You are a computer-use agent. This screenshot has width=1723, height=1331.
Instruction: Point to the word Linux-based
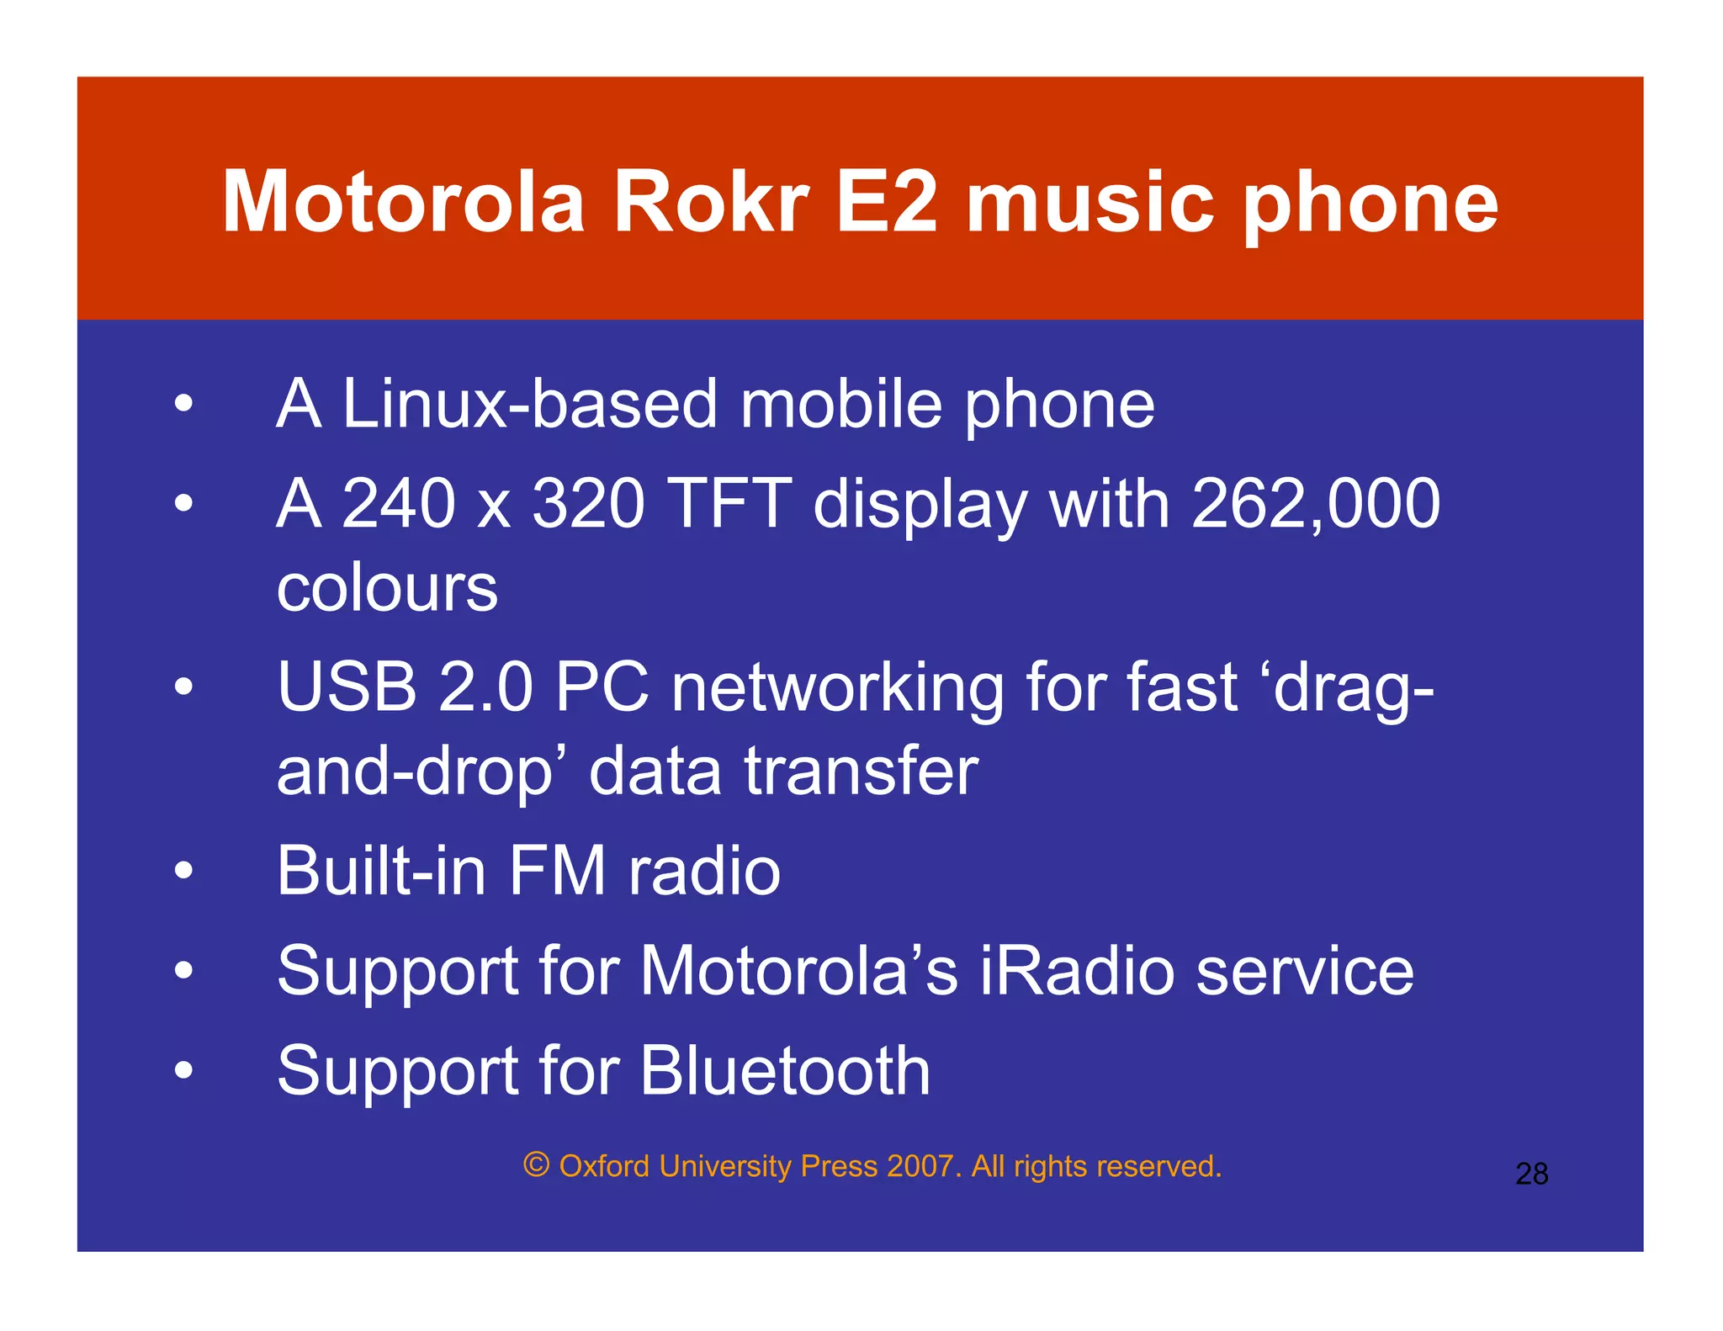click(x=530, y=405)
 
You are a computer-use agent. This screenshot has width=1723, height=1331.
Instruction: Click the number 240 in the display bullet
click(x=398, y=503)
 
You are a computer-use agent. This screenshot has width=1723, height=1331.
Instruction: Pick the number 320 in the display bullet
click(x=588, y=503)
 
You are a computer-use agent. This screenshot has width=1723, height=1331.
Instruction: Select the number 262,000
click(x=1316, y=503)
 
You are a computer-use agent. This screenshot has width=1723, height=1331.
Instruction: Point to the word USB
click(x=347, y=687)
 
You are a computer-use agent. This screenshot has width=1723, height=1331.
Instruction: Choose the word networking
click(x=837, y=688)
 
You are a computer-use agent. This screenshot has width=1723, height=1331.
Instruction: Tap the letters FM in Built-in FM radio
click(x=557, y=871)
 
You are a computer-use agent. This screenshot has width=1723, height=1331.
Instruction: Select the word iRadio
click(x=1078, y=971)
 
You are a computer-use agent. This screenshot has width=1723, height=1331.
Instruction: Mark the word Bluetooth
click(x=784, y=1070)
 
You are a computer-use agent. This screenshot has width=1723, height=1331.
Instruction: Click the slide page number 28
click(x=1531, y=1174)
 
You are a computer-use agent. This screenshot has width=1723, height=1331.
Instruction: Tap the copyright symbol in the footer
click(x=536, y=1165)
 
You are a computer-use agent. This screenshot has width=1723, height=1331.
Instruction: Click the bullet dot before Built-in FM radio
click(x=183, y=872)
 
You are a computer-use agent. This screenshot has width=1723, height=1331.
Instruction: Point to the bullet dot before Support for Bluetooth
click(x=183, y=1071)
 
